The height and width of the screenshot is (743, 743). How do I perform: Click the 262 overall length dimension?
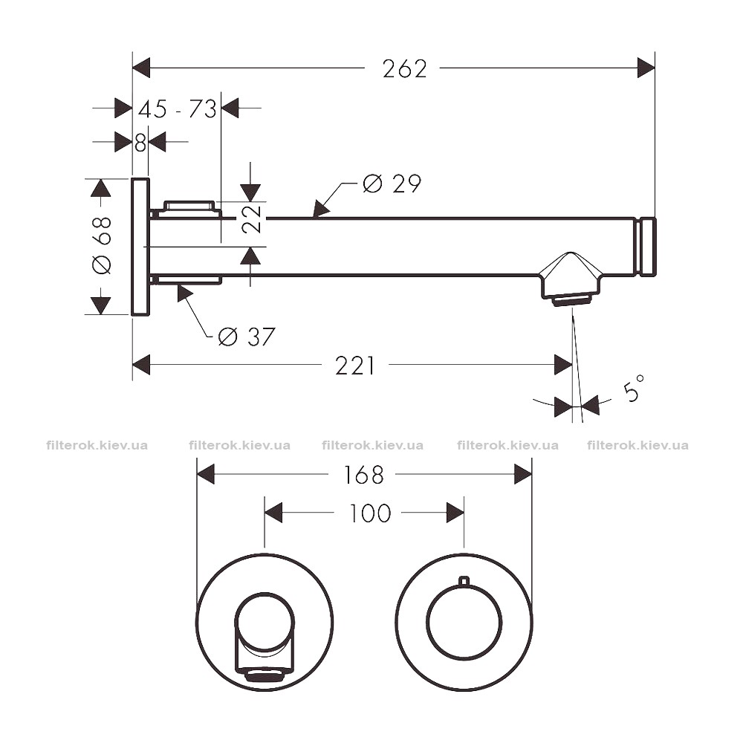(x=405, y=69)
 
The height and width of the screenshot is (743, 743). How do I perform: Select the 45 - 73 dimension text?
(x=178, y=109)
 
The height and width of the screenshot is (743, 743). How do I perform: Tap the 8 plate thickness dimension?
(x=140, y=142)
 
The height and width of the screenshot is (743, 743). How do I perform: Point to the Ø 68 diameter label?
(x=102, y=245)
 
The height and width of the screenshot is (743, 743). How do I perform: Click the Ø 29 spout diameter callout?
(x=392, y=184)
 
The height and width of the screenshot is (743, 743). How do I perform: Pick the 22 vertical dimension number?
(x=251, y=219)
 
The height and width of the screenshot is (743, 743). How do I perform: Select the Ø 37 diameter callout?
(x=247, y=337)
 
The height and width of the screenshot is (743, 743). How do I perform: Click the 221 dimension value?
(x=355, y=366)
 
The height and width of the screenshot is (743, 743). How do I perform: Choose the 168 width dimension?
(x=363, y=475)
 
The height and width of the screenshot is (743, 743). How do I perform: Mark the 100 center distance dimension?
(x=370, y=513)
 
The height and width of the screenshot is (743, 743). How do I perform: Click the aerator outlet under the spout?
(x=571, y=301)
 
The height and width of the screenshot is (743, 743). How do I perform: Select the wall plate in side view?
(x=140, y=247)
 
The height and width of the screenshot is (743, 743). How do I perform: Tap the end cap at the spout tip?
(x=648, y=247)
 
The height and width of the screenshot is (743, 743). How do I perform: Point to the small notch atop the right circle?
(x=464, y=581)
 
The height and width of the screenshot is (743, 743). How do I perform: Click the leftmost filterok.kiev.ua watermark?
(x=97, y=445)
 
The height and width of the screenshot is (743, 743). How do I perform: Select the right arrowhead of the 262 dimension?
(x=646, y=68)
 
